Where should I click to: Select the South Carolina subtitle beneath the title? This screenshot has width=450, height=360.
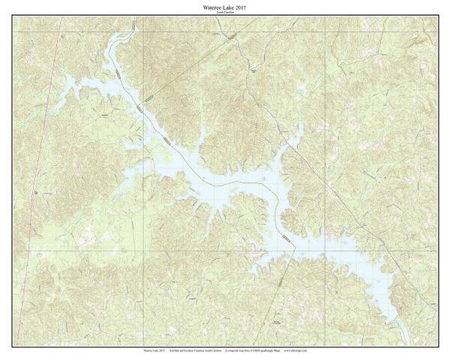226,13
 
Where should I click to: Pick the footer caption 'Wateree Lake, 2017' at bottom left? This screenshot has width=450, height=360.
152,349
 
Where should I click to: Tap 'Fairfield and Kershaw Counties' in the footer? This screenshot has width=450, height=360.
190,349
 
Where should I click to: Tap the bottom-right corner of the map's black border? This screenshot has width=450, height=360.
438,344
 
